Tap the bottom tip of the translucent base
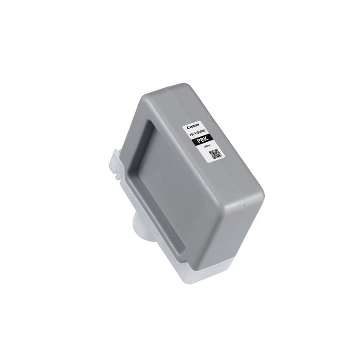189,283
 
